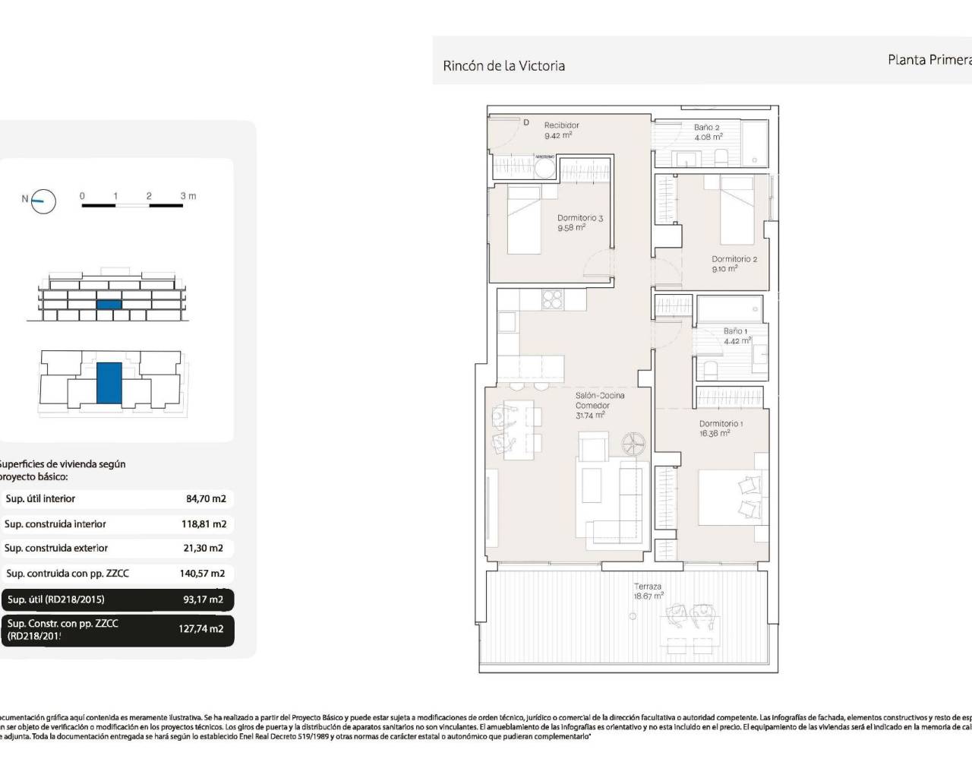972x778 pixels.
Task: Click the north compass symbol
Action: pyautogui.click(x=44, y=200)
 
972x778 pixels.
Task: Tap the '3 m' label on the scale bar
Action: pyautogui.click(x=188, y=196)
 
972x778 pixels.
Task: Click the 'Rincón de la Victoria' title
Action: pyautogui.click(x=503, y=66)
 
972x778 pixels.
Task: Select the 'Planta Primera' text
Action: pyautogui.click(x=929, y=59)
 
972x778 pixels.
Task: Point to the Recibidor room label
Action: pyautogui.click(x=561, y=125)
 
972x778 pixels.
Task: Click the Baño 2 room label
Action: pyautogui.click(x=706, y=128)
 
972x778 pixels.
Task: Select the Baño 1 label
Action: pyautogui.click(x=735, y=331)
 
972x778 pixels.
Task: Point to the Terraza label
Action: pyautogui.click(x=648, y=587)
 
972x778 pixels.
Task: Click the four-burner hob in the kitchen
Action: pyautogui.click(x=552, y=301)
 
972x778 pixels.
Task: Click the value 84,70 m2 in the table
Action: pyautogui.click(x=206, y=499)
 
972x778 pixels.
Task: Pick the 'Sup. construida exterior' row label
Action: pyautogui.click(x=56, y=548)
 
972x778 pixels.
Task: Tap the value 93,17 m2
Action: pyautogui.click(x=203, y=599)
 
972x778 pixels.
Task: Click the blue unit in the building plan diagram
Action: pyautogui.click(x=109, y=383)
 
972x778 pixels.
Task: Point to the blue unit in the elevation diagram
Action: pyautogui.click(x=109, y=304)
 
